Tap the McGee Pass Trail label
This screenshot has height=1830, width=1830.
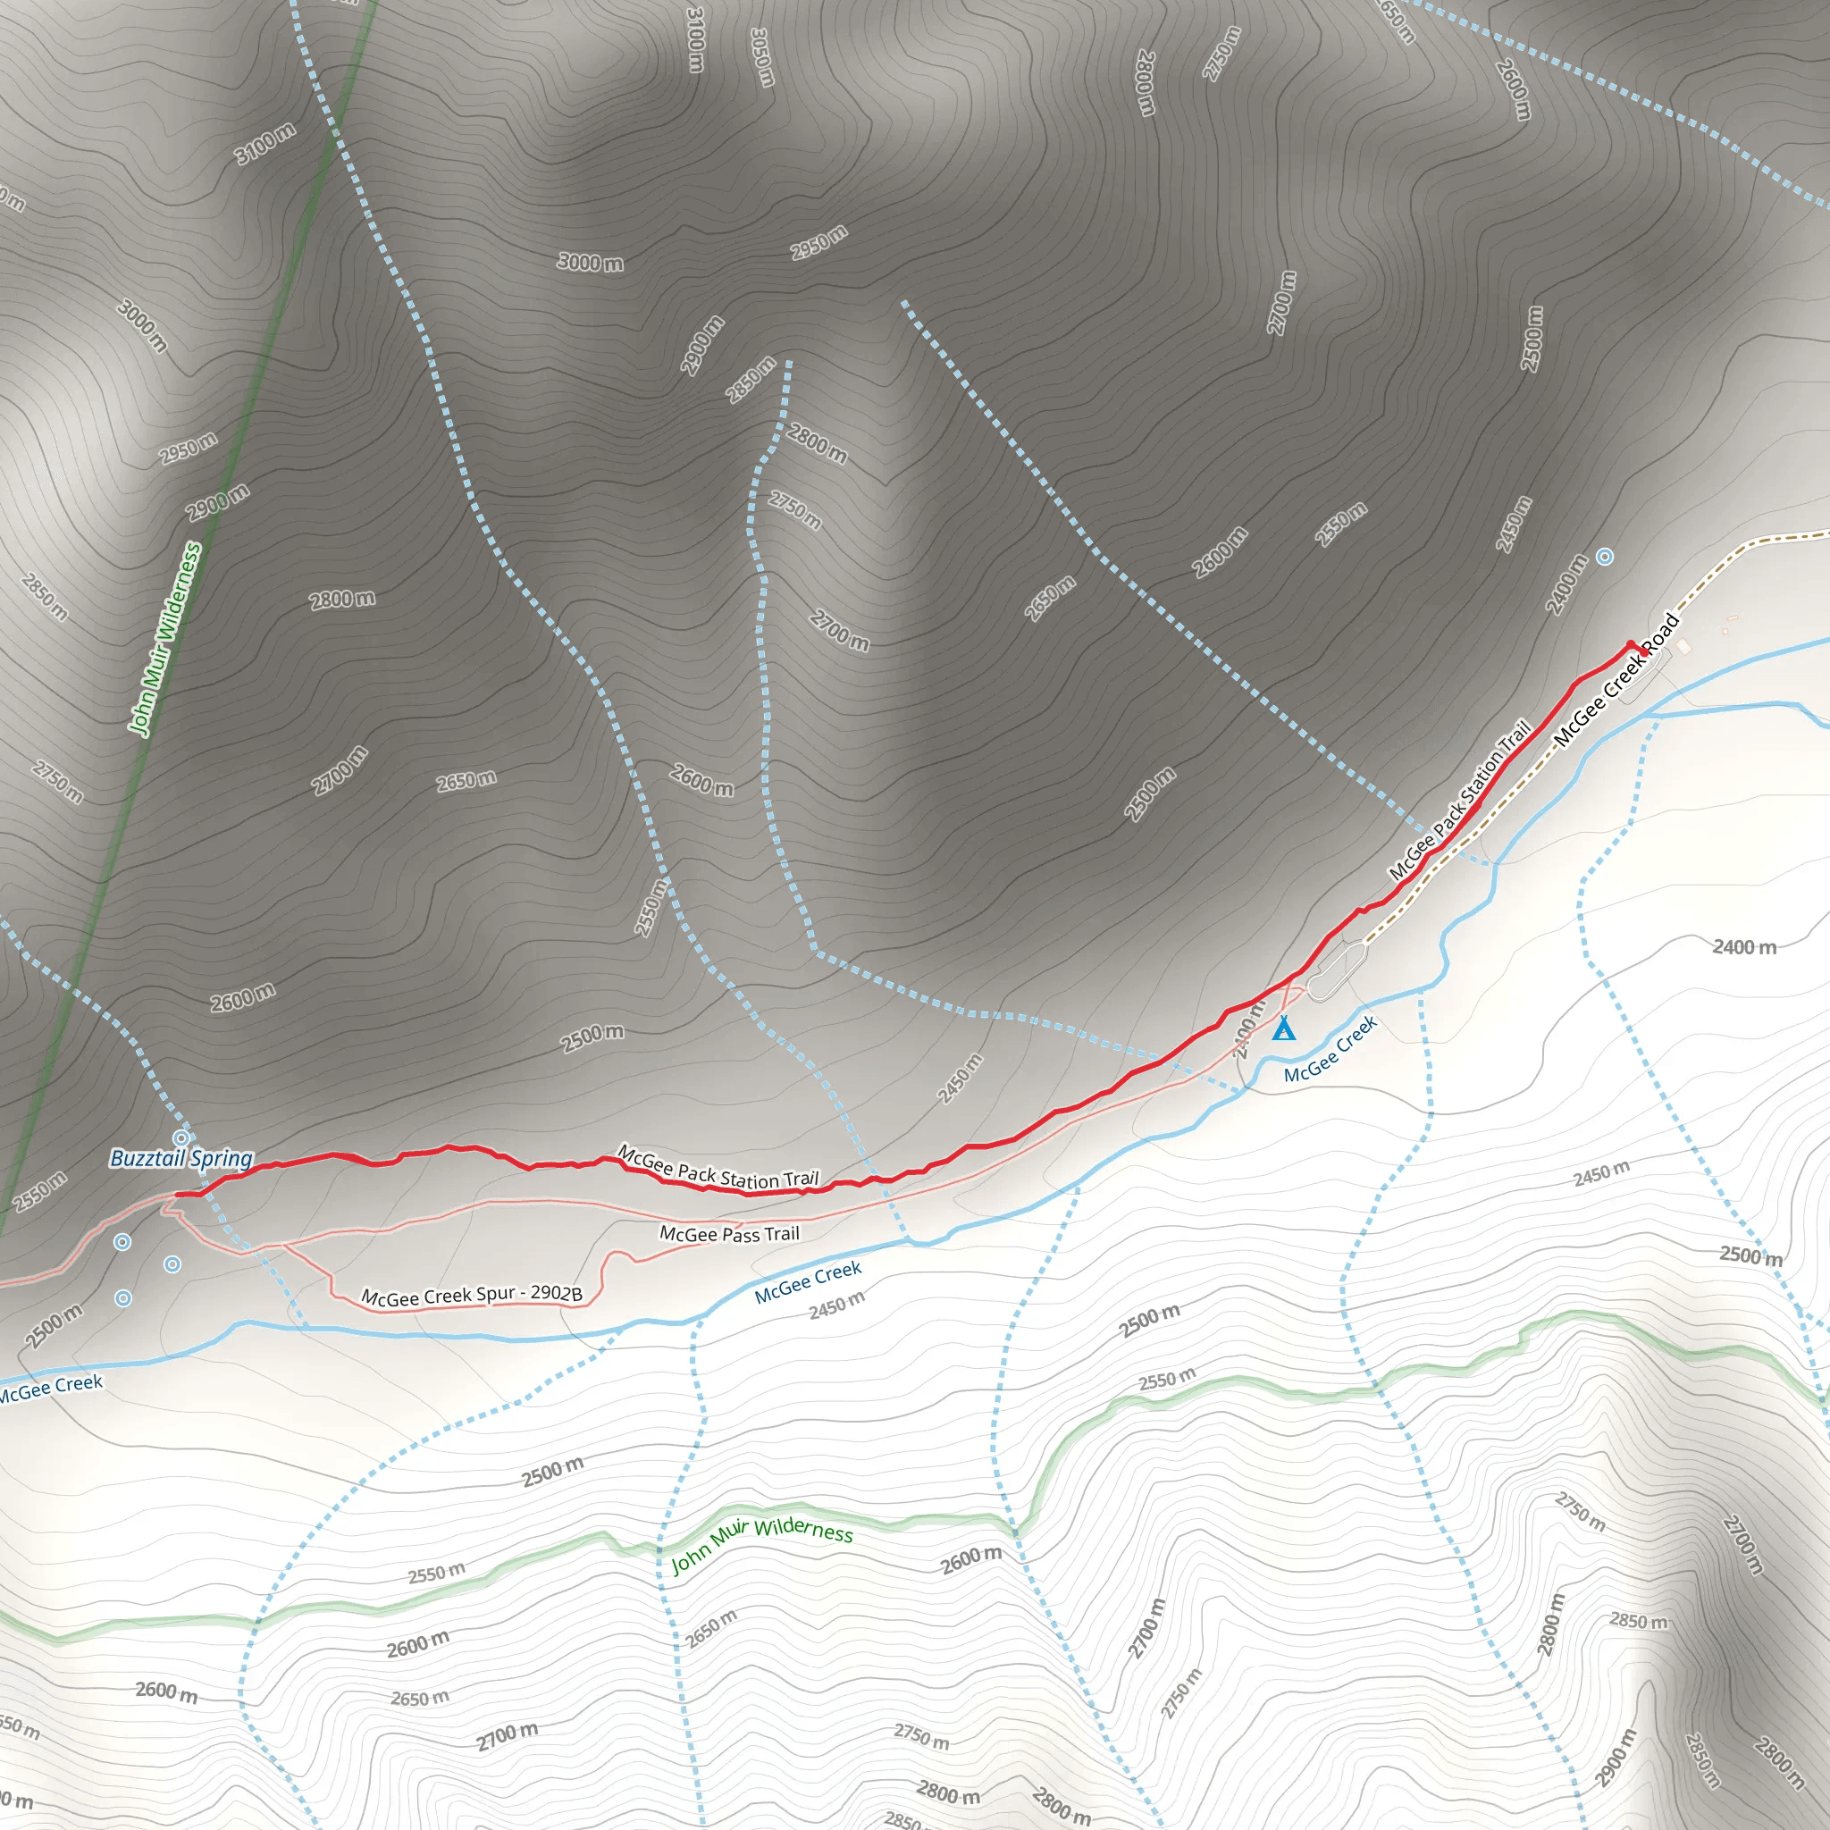click(729, 1234)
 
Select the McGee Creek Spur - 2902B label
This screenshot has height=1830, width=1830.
click(472, 1295)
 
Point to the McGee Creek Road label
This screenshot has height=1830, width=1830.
click(1616, 679)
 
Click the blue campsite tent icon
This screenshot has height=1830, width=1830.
click(1283, 1028)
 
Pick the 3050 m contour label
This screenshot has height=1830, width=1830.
click(761, 57)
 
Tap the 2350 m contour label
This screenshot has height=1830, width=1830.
click(1341, 524)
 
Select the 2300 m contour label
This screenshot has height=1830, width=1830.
click(1150, 793)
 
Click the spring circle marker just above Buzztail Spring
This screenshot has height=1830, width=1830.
click(180, 1137)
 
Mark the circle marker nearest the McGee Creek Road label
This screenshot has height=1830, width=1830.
click(1605, 557)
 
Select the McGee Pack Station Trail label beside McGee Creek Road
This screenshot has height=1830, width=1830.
click(1460, 801)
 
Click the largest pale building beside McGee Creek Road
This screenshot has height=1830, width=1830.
click(1683, 646)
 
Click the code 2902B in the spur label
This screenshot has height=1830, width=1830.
click(556, 1293)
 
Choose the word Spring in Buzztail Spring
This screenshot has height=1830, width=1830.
click(222, 1158)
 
